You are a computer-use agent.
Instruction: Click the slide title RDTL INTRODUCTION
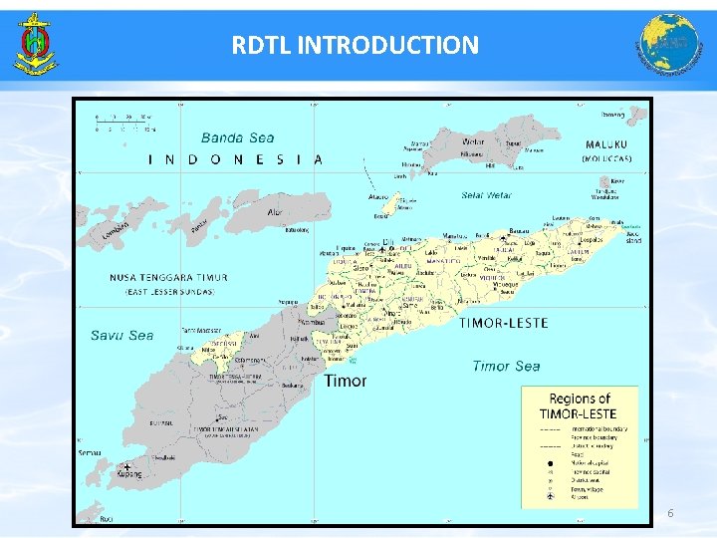click(x=355, y=45)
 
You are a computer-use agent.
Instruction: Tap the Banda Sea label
click(x=237, y=138)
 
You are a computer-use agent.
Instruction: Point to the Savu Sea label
click(x=122, y=336)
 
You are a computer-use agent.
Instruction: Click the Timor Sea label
click(x=506, y=367)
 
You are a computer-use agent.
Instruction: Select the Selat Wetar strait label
click(x=487, y=195)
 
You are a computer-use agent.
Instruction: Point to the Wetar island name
click(x=473, y=140)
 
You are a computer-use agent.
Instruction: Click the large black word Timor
click(x=345, y=381)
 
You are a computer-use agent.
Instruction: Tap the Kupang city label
click(x=131, y=476)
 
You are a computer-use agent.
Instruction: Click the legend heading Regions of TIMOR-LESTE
click(x=579, y=405)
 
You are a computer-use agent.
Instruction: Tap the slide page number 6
click(x=670, y=513)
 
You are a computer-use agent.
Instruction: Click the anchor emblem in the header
click(x=35, y=45)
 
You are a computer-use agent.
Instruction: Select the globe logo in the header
click(x=668, y=45)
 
